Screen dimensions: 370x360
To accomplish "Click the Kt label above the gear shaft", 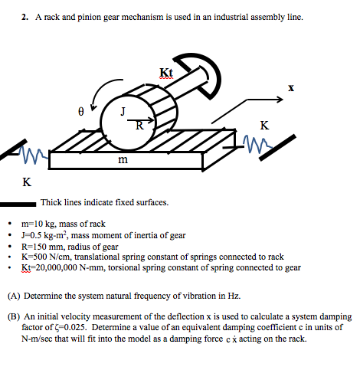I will click(x=166, y=72).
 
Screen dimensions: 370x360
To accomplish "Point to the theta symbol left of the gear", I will click(x=80, y=111).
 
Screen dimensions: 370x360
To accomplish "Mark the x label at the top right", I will click(x=291, y=88).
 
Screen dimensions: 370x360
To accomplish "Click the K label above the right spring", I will click(x=264, y=124).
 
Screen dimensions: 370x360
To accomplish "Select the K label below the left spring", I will click(x=27, y=182).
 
